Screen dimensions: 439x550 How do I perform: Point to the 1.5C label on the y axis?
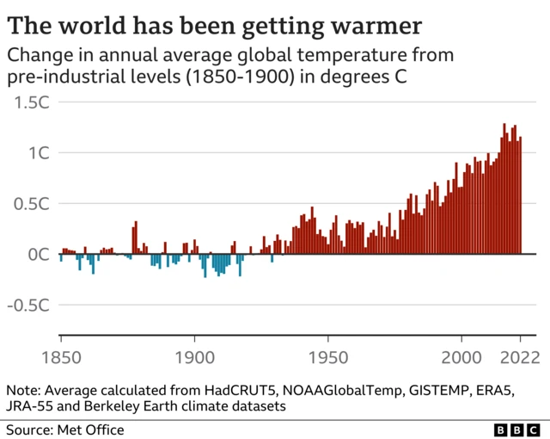coord(32,103)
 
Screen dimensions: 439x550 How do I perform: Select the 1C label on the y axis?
coord(40,153)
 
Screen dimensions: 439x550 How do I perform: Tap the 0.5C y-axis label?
coord(32,204)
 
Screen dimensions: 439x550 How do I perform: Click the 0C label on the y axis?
coord(40,255)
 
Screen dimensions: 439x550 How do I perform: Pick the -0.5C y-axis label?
coord(28,306)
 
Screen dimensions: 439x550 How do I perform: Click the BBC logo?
coord(518,429)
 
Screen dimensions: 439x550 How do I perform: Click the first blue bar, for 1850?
coord(60,258)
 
